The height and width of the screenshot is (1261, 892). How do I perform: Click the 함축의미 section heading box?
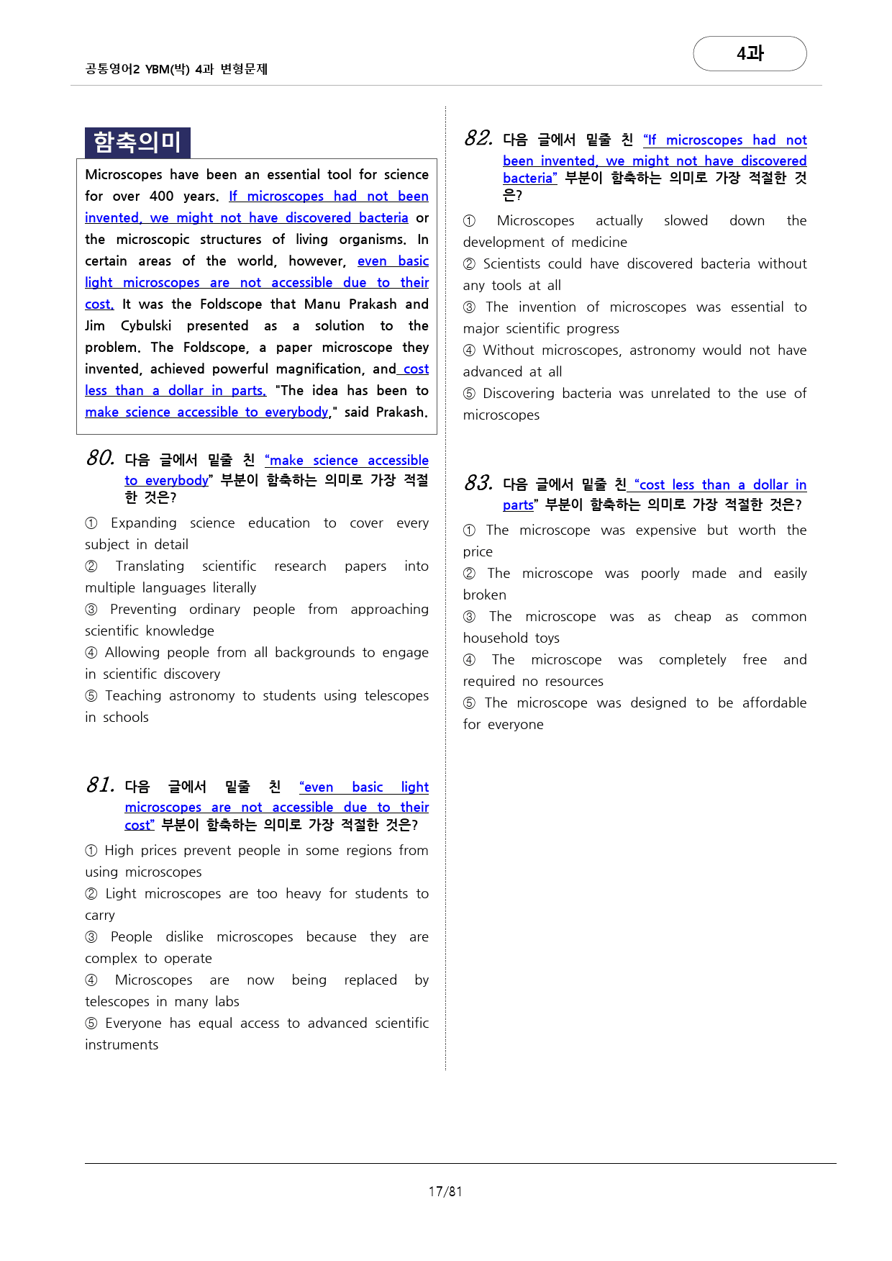[x=137, y=143]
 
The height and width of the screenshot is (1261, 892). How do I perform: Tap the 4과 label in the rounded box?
[x=750, y=53]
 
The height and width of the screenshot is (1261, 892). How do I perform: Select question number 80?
[x=100, y=458]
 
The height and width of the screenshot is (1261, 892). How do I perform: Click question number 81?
[x=100, y=785]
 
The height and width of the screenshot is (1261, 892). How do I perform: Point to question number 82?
[x=478, y=138]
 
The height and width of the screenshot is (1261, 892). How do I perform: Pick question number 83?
[x=478, y=483]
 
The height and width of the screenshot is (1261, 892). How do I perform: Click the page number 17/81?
[x=445, y=1192]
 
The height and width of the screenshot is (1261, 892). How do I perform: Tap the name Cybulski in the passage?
[x=146, y=326]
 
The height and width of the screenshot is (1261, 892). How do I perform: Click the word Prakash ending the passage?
[x=400, y=412]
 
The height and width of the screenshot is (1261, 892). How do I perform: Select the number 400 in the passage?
[x=162, y=196]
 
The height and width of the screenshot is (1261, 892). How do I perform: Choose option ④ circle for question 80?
[x=91, y=653]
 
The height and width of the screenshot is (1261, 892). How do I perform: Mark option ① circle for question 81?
[x=91, y=851]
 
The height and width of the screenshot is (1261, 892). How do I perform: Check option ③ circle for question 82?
[x=470, y=307]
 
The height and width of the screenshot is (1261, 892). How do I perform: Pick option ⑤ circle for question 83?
[x=470, y=703]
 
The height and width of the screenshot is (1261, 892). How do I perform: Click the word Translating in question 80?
[x=150, y=566]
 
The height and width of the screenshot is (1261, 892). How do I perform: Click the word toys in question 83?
[x=547, y=638]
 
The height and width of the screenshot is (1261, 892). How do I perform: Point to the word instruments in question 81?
[x=122, y=1045]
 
